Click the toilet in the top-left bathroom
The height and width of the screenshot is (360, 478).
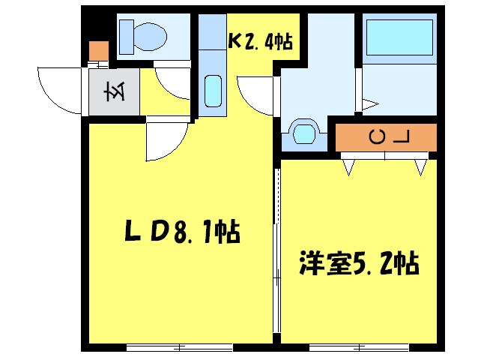point(147,35)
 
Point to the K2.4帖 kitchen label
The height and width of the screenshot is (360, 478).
point(259,42)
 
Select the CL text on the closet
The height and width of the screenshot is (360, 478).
point(390,137)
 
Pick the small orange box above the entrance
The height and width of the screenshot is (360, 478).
point(98,51)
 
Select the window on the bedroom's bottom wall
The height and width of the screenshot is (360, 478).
point(358,347)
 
